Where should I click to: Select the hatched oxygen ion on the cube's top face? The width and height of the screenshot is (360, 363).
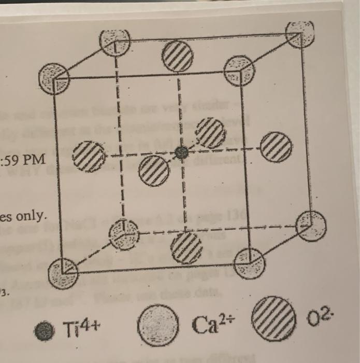click(x=178, y=56)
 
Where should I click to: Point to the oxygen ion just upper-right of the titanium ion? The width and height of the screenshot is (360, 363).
click(x=210, y=133)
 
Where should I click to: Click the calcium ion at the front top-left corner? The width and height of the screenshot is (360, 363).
click(x=54, y=79)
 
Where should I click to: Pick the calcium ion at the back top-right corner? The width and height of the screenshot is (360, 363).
click(x=300, y=34)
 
